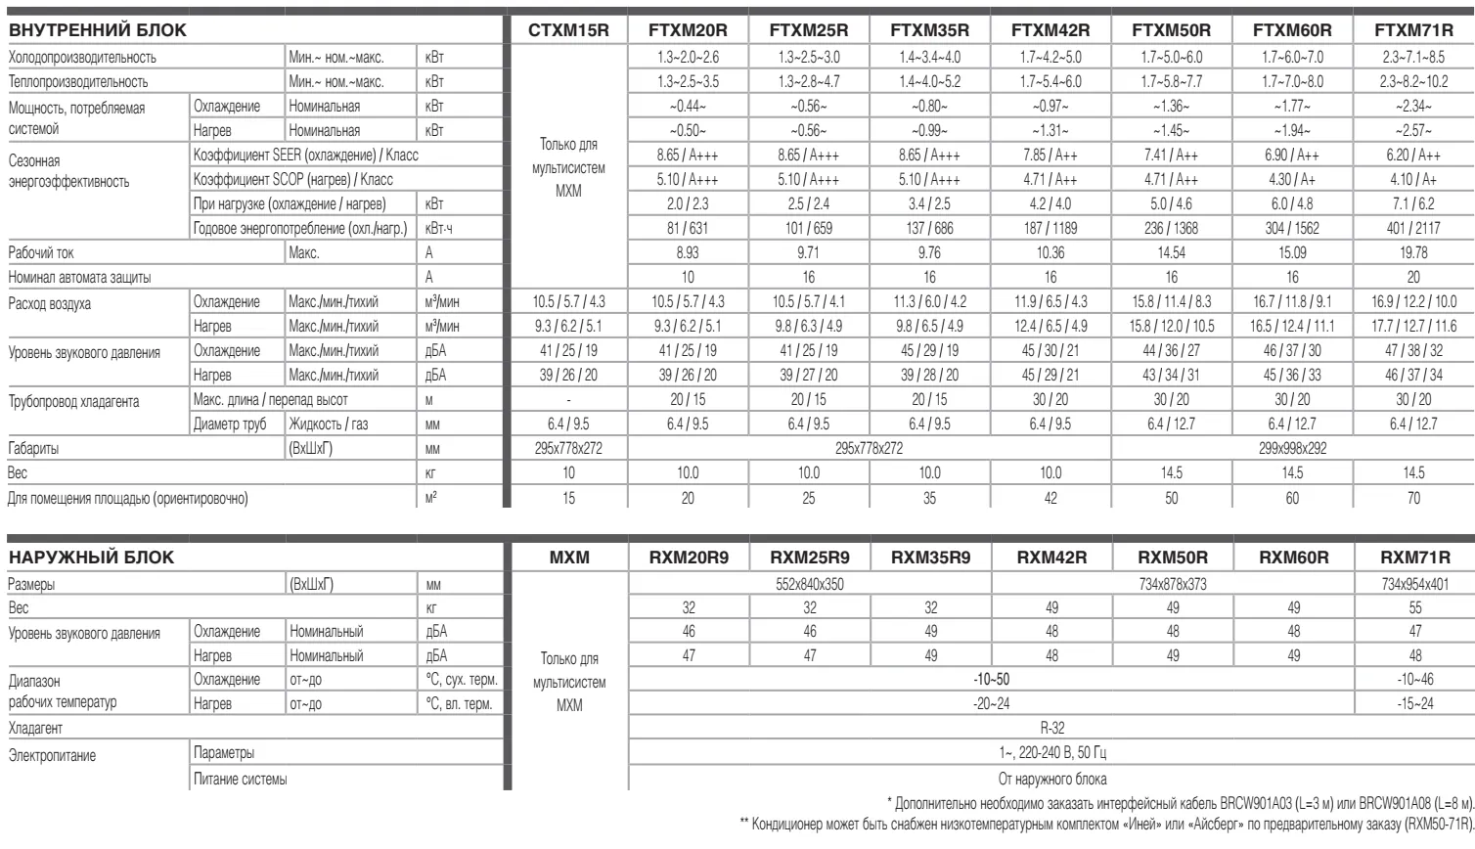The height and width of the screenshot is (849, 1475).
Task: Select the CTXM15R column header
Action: click(568, 31)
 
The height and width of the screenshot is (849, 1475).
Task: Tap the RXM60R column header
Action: click(1293, 559)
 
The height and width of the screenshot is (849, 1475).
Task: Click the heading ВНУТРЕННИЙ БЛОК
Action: click(97, 31)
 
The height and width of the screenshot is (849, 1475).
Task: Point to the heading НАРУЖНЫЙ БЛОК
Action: click(91, 559)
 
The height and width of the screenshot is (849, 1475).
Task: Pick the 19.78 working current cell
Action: click(1413, 253)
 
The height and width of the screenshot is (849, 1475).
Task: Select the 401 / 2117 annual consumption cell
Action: click(1413, 229)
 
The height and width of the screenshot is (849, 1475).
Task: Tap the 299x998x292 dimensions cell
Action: click(1293, 449)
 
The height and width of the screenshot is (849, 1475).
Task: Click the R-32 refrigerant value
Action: click(1051, 729)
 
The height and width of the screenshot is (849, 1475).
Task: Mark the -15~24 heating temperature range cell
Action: click(1414, 704)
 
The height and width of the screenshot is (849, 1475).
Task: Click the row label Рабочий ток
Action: click(41, 253)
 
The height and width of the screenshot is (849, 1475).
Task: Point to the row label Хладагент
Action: click(35, 729)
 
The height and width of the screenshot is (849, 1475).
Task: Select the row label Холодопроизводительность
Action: click(82, 58)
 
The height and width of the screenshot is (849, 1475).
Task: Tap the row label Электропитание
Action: click(52, 755)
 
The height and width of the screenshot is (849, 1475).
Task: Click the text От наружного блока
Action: click(1051, 779)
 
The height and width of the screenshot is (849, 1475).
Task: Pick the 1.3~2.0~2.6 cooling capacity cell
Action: click(688, 58)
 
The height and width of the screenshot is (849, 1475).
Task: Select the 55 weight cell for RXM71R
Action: click(1414, 607)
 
